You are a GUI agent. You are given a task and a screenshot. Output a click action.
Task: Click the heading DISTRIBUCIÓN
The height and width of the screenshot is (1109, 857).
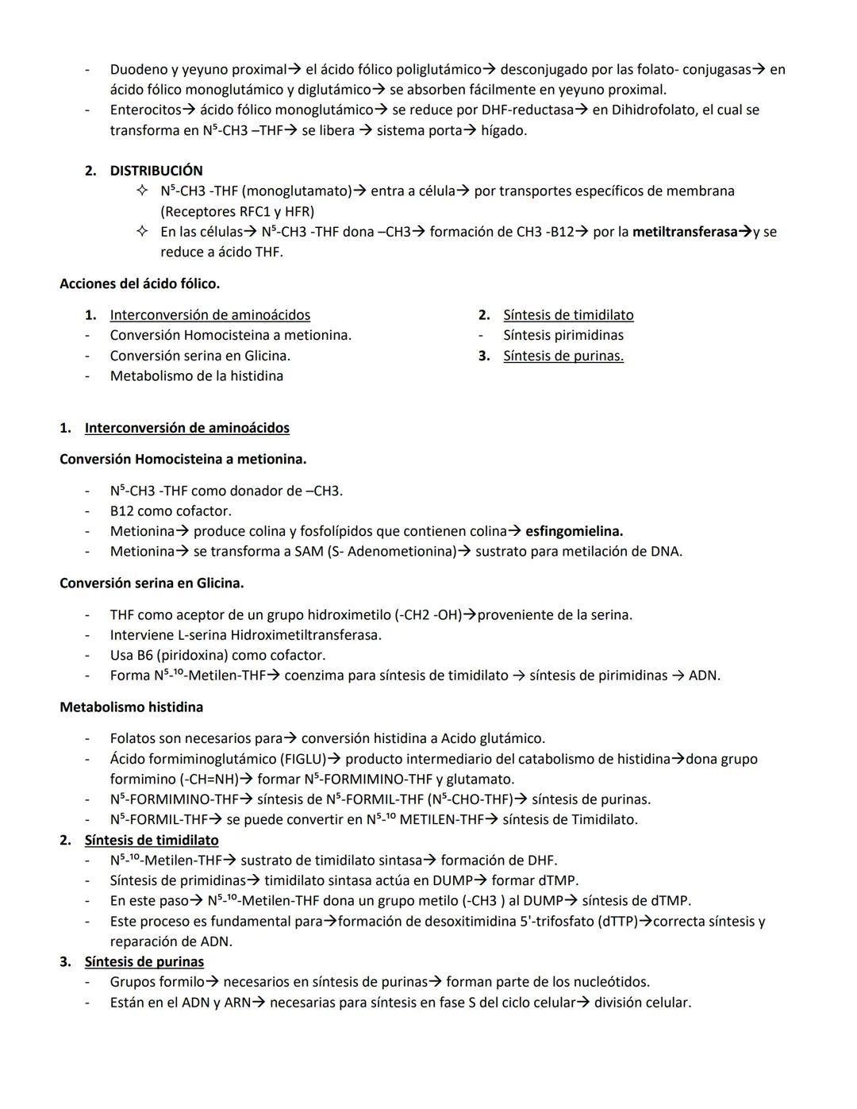(156, 171)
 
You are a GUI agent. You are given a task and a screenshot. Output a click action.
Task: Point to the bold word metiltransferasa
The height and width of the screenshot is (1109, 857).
(685, 232)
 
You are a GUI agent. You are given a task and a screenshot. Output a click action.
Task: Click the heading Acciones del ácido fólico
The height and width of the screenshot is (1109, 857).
(140, 283)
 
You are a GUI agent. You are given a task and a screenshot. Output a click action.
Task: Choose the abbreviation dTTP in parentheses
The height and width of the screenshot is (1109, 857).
(619, 922)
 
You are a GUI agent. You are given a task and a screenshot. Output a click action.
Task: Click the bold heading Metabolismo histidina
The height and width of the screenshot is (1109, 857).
(131, 707)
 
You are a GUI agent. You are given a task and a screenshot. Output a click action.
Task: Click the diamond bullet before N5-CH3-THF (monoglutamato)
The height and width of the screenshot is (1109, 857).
(142, 191)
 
